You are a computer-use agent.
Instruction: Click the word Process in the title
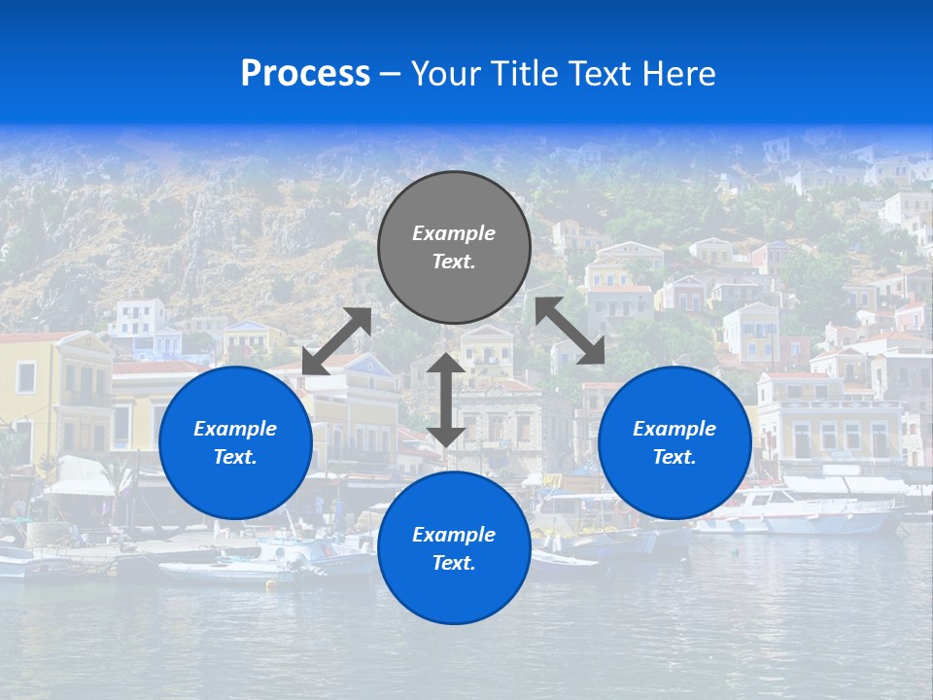click(x=305, y=74)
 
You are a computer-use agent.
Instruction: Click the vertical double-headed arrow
click(x=446, y=400)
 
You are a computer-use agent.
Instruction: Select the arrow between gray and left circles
click(x=337, y=341)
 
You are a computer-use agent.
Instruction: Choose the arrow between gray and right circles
click(x=570, y=331)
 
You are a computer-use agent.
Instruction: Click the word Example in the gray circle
click(x=454, y=233)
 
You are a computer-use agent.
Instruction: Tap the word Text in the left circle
click(x=235, y=457)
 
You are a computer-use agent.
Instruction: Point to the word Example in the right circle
click(x=674, y=429)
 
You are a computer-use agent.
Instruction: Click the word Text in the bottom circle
click(x=454, y=563)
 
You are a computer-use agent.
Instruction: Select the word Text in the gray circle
click(x=454, y=262)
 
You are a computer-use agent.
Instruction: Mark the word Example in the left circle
click(x=235, y=429)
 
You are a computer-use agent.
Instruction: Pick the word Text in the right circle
click(x=674, y=457)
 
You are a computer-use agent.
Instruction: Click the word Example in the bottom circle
click(x=454, y=535)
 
